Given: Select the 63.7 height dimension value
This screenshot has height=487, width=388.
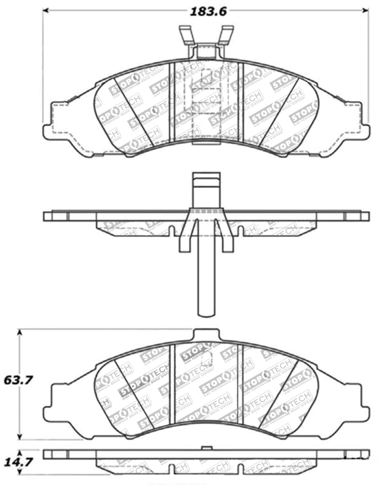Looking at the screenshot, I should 19,381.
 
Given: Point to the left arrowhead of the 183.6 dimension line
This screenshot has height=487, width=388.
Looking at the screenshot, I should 46,10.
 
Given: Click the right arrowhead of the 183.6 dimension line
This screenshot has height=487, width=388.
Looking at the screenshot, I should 366,10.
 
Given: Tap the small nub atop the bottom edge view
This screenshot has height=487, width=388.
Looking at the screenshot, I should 206,447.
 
